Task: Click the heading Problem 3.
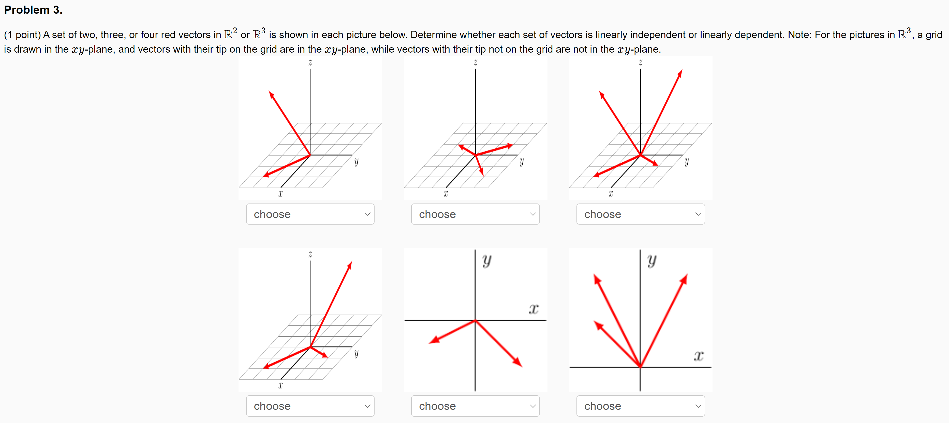click(x=33, y=10)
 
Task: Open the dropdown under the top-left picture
click(x=310, y=214)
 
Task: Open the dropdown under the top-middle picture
click(x=475, y=214)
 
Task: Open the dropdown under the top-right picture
click(x=641, y=214)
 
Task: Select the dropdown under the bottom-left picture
click(x=310, y=406)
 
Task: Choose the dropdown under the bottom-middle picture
click(x=475, y=406)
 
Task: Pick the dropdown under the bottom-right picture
click(x=641, y=406)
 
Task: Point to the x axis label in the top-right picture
click(x=611, y=194)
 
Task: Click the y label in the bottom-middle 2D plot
click(x=487, y=260)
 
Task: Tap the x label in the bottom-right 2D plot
click(x=699, y=356)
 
